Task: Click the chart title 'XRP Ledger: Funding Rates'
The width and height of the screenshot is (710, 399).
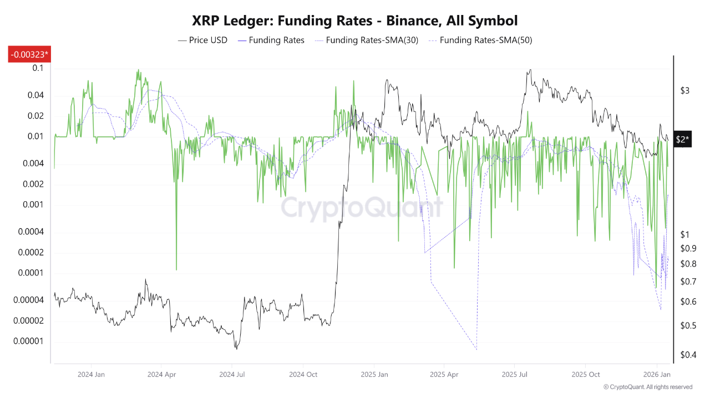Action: (354, 21)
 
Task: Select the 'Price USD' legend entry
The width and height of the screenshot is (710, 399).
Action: (202, 40)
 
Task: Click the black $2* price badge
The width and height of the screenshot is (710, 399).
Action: (682, 140)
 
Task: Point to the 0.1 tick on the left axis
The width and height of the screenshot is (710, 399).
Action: (38, 68)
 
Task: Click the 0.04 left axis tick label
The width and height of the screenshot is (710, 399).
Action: (35, 95)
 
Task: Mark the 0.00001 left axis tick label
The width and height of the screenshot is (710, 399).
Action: (29, 341)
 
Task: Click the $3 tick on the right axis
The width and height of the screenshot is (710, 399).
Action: (685, 91)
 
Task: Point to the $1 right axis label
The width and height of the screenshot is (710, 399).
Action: (685, 234)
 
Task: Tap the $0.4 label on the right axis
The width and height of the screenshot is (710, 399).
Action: (688, 355)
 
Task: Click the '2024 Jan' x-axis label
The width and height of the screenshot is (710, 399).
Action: (92, 375)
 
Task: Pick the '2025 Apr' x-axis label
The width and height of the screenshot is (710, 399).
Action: (444, 375)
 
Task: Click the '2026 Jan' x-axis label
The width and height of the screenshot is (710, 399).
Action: (657, 375)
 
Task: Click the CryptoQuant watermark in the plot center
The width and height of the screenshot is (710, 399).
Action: (362, 208)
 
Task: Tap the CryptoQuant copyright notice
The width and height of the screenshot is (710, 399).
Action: (647, 387)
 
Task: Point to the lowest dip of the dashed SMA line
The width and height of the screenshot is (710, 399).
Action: (476, 350)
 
